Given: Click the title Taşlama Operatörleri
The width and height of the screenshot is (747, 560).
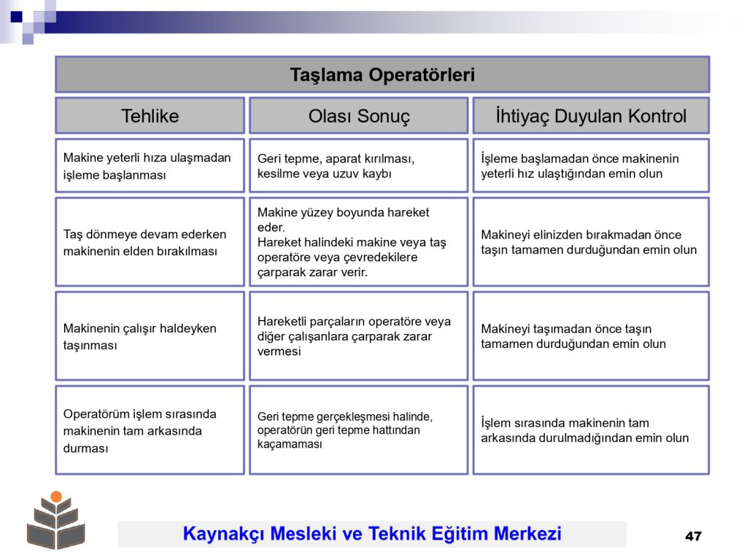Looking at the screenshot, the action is [382, 75].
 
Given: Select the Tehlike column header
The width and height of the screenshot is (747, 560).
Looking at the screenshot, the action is [150, 116].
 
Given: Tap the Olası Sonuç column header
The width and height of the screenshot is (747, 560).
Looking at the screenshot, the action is [359, 116].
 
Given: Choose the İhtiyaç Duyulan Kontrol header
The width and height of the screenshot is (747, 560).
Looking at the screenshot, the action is [591, 116].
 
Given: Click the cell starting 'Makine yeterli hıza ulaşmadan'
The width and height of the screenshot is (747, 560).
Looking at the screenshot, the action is [150, 166].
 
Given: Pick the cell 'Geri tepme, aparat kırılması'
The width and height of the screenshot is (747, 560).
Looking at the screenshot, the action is [359, 166].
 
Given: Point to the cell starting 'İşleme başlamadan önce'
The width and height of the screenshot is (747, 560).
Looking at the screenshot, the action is [591, 166].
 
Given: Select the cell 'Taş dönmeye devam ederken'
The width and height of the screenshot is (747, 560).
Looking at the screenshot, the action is [150, 242].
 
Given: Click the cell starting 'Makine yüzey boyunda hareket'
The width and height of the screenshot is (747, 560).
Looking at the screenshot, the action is [359, 242].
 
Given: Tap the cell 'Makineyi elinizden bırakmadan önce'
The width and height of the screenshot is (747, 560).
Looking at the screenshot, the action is [591, 242].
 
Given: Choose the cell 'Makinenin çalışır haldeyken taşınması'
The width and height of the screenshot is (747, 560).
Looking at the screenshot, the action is [150, 336].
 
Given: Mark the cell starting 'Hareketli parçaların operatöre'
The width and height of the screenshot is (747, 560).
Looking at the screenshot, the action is [359, 336].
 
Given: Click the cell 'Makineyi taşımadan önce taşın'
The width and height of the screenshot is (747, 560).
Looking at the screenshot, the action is [591, 336].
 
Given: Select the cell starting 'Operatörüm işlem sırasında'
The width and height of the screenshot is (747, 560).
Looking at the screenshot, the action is [150, 430].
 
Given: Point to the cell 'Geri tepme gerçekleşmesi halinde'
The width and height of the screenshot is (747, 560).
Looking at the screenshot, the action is [359, 430].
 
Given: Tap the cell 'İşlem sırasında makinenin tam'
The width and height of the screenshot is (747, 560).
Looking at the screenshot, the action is [591, 430].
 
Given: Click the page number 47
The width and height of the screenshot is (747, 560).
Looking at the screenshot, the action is [693, 536].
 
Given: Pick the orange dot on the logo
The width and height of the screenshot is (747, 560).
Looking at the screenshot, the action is [56, 497].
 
